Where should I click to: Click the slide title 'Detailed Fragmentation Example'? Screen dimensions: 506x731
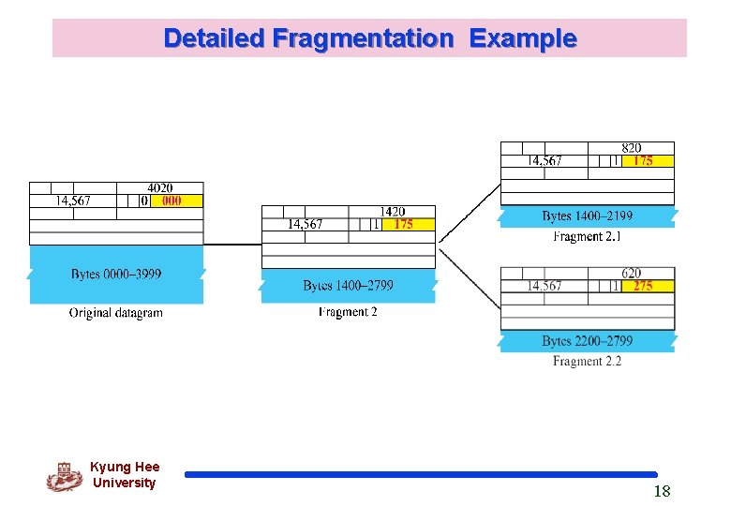(369, 38)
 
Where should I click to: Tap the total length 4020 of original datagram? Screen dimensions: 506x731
(160, 188)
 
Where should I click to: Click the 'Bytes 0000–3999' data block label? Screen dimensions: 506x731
(116, 275)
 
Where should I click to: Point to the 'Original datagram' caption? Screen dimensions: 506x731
(115, 313)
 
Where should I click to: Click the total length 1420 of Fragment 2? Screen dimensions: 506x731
(393, 212)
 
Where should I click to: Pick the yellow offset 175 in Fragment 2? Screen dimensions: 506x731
(403, 224)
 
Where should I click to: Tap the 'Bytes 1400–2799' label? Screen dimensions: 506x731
(348, 286)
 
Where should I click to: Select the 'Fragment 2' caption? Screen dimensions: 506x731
(348, 312)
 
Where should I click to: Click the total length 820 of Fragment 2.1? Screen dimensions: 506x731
(632, 148)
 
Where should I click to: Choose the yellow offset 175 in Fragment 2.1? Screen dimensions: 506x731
(643, 160)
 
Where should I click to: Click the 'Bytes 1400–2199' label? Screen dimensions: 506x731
(587, 216)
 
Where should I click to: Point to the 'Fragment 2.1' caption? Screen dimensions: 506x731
(587, 237)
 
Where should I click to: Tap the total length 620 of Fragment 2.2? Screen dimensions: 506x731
(632, 274)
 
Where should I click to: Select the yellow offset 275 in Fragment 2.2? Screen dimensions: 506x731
(643, 286)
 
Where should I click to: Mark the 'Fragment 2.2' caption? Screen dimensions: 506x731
(587, 362)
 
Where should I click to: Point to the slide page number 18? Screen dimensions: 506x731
(662, 492)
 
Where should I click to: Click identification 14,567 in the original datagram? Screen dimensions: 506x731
(72, 201)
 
